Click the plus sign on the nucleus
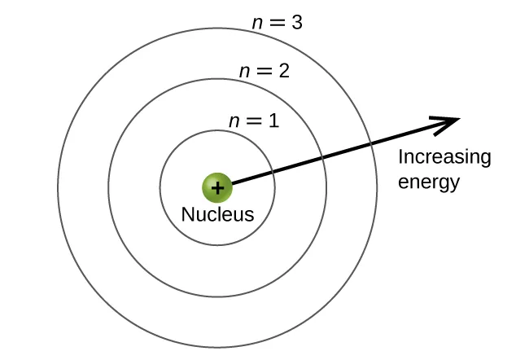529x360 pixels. [x=217, y=188]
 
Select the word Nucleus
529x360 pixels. [x=217, y=216]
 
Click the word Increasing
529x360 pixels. [x=444, y=157]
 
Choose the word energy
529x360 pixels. [x=429, y=182]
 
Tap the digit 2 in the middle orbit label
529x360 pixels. [x=284, y=71]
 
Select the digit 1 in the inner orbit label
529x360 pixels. [x=273, y=122]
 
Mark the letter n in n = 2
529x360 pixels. [x=244, y=72]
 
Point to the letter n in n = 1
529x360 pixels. [x=234, y=122]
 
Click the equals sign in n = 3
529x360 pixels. [x=278, y=24]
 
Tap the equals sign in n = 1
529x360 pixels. [x=254, y=122]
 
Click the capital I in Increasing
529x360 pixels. [x=400, y=157]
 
